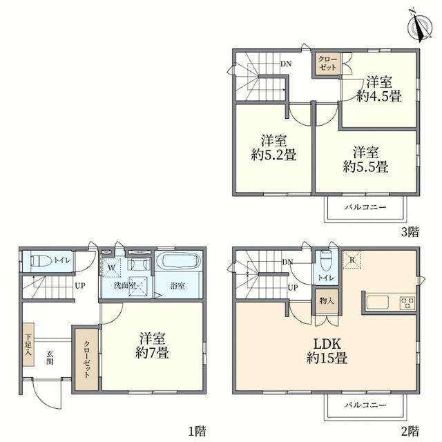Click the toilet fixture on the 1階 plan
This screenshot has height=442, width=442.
tap(41, 260)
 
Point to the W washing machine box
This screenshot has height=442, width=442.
tap(110, 267)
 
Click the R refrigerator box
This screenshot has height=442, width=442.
tap(352, 260)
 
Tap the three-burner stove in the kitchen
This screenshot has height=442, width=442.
tap(407, 303)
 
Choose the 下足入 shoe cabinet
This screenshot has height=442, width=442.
tap(28, 345)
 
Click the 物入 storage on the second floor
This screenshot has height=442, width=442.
tap(327, 301)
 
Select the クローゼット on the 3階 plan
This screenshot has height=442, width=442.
tap(327, 64)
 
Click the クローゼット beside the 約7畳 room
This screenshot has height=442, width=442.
tap(86, 359)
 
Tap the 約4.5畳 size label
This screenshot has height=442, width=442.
tap(378, 97)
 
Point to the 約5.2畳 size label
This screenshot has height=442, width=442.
tap(273, 155)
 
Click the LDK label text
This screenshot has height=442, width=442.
tap(327, 344)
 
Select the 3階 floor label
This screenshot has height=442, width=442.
tap(410, 232)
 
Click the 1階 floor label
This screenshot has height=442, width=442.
tap(198, 431)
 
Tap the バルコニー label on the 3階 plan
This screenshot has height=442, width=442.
tap(365, 208)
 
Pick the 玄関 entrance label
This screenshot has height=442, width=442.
tap(50, 358)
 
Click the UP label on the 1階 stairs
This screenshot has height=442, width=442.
tap(80, 286)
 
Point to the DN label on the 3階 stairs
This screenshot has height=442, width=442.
tap(286, 64)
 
